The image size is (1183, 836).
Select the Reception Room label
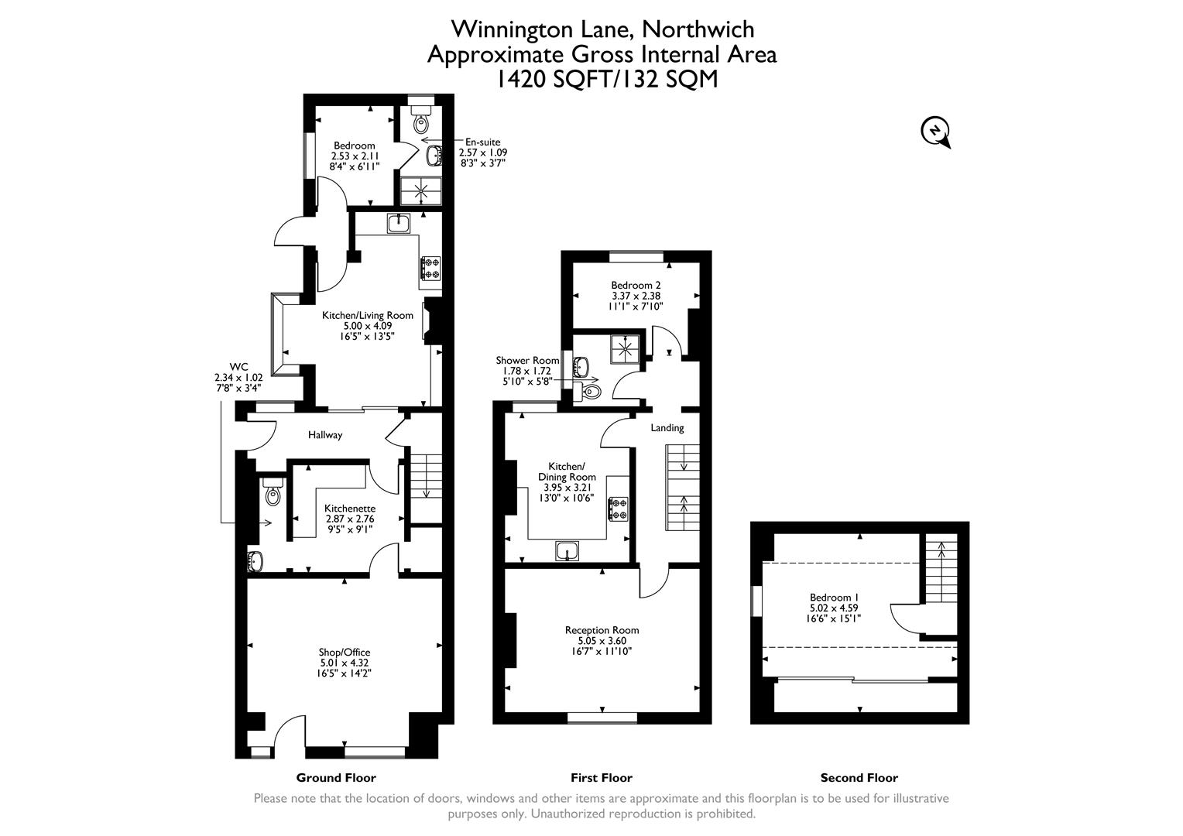pyautogui.click(x=602, y=630)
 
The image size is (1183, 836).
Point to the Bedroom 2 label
pyautogui.click(x=635, y=285)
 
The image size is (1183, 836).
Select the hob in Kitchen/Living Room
pyautogui.click(x=430, y=268)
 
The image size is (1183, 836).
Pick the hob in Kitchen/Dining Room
pyautogui.click(x=619, y=509)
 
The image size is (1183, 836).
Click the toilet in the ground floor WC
pyautogui.click(x=272, y=493)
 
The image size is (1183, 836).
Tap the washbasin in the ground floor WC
pyautogui.click(x=255, y=559)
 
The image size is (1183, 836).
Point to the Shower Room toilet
pyautogui.click(x=591, y=392)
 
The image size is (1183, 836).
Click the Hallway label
pyautogui.click(x=325, y=435)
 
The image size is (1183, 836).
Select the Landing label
pyautogui.click(x=667, y=427)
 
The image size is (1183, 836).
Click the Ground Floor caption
pyautogui.click(x=336, y=777)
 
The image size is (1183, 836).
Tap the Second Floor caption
pyautogui.click(x=859, y=777)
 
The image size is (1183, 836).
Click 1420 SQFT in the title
pyautogui.click(x=553, y=79)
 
